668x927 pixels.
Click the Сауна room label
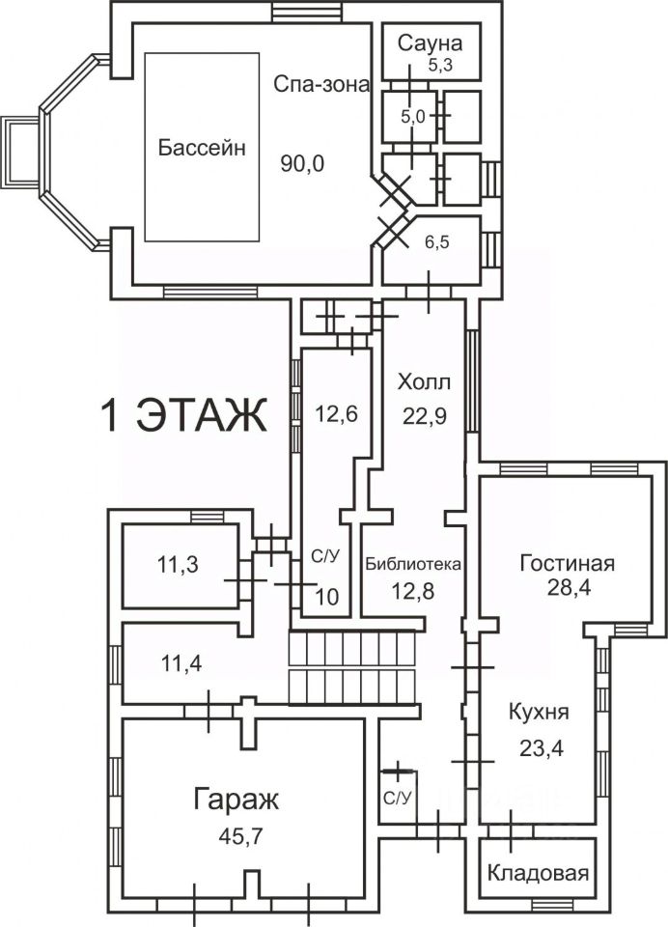click(430, 43)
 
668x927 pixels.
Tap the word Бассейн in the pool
click(202, 147)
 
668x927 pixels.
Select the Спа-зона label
click(321, 85)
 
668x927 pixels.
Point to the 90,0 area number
click(303, 164)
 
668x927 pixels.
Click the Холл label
click(424, 382)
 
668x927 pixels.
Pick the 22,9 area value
click(425, 416)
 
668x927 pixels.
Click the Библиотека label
click(412, 563)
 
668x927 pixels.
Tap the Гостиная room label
click(567, 563)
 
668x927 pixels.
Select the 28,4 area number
click(570, 589)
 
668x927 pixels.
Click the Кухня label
click(539, 712)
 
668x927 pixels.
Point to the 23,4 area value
click(542, 748)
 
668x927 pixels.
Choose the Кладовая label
click(538, 873)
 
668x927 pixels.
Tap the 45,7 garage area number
click(240, 836)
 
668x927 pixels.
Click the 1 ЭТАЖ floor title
click(183, 415)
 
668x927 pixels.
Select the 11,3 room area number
click(178, 566)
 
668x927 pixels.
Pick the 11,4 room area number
click(181, 664)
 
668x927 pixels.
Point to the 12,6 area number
click(335, 414)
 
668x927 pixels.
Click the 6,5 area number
click(437, 241)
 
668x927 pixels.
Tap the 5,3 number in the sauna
click(440, 66)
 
